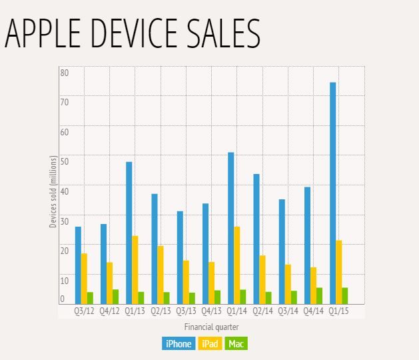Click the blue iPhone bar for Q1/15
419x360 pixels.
(332, 193)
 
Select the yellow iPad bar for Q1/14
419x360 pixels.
(237, 265)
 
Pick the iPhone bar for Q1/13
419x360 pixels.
(129, 233)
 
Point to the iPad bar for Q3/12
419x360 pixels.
(84, 278)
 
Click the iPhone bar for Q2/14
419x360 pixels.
(256, 239)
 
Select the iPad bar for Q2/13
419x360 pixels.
(161, 274)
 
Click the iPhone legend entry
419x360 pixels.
(177, 344)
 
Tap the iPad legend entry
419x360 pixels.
(210, 344)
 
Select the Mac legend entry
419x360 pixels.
(236, 344)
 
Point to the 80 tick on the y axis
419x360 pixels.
(65, 72)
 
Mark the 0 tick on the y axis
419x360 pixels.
(63, 300)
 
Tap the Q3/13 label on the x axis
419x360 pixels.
(186, 311)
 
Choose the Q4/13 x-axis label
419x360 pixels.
(211, 311)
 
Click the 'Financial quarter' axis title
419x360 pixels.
(211, 327)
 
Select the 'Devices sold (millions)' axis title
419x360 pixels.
(53, 192)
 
